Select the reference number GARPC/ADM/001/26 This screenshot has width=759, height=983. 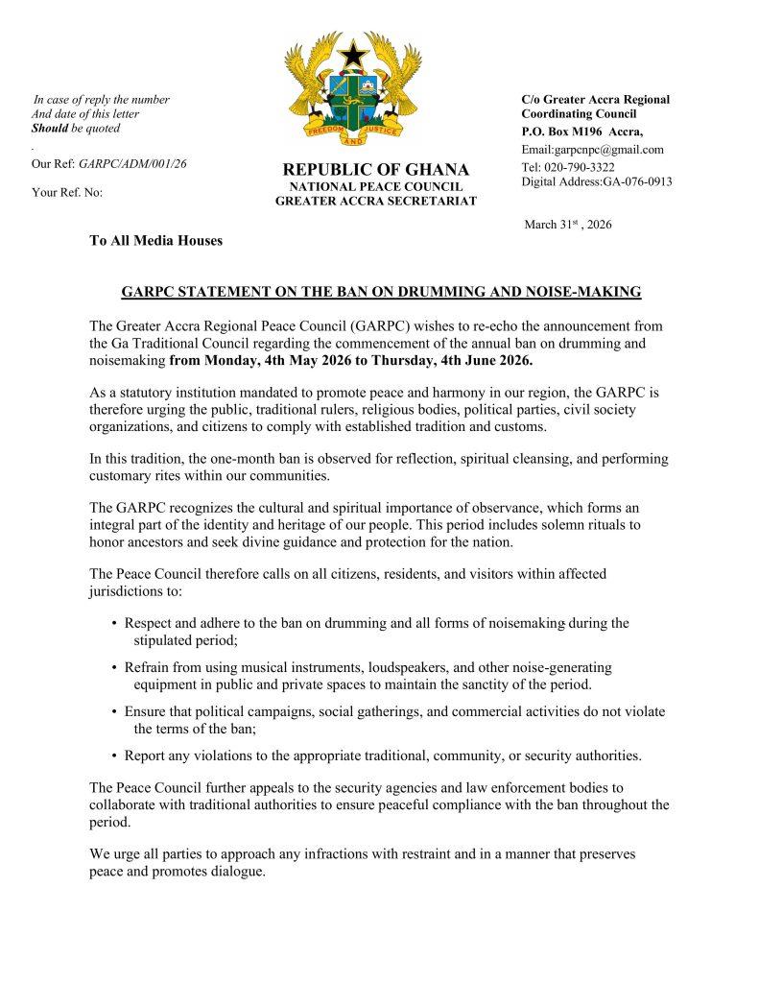click(131, 163)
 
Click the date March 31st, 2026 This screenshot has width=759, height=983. click(567, 225)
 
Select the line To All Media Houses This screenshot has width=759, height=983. click(155, 240)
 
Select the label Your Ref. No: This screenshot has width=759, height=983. click(67, 192)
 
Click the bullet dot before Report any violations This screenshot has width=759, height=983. click(115, 755)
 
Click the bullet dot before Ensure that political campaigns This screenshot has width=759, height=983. click(115, 711)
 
